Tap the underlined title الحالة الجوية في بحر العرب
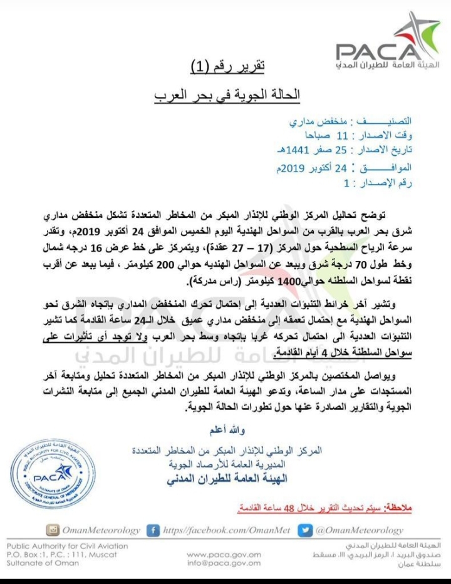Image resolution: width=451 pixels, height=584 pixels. coord(227,95)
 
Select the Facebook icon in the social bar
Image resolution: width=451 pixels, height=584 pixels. coord(152,530)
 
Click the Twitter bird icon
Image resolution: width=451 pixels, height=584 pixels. coord(304,530)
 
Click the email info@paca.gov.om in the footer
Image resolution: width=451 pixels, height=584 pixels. coord(224,563)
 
